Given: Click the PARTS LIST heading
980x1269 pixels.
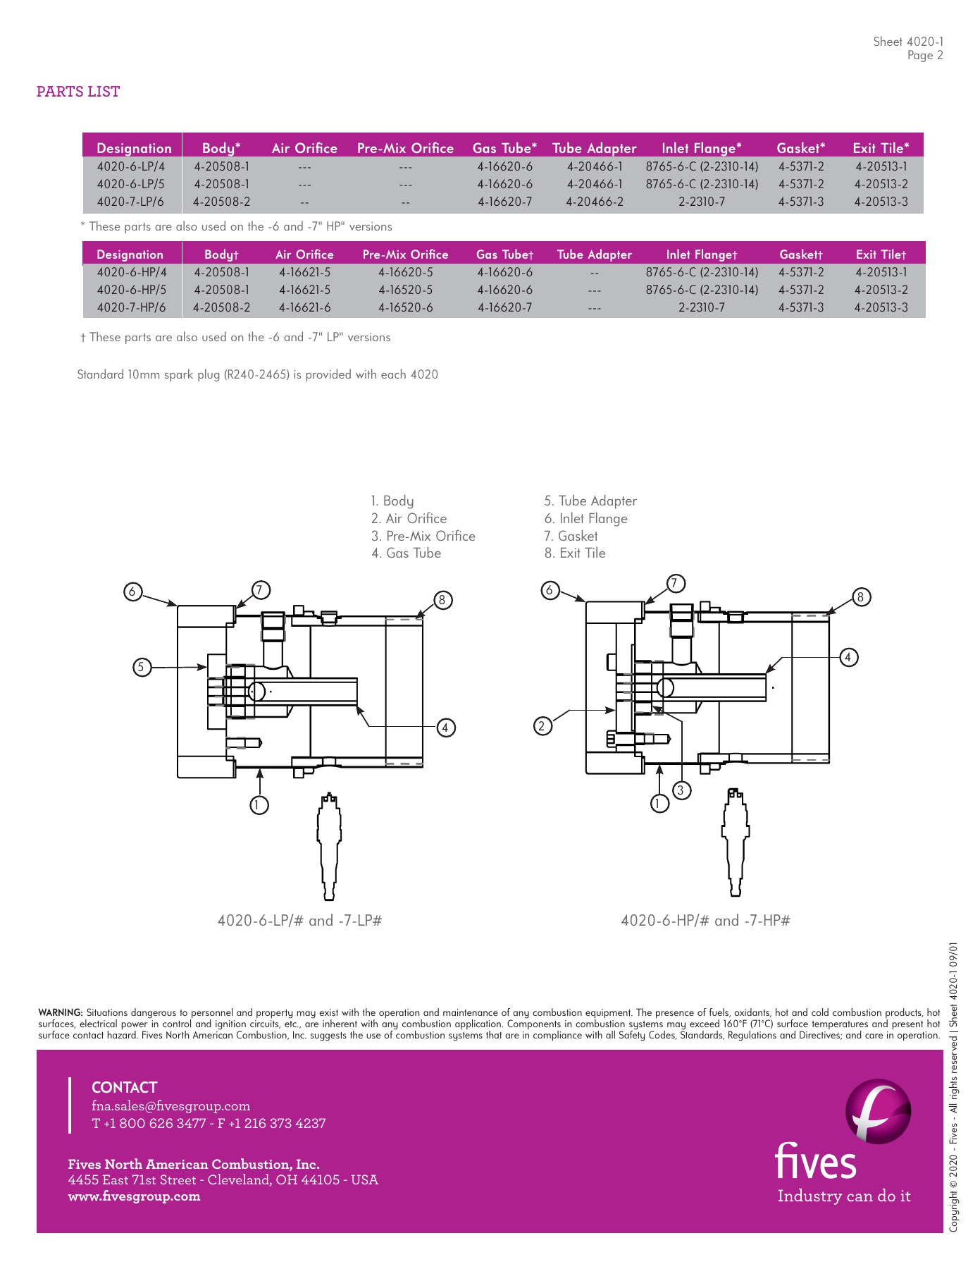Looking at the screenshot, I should [78, 92].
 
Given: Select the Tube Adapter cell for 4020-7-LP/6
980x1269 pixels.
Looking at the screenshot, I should [594, 202].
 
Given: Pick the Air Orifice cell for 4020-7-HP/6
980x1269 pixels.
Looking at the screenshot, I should [304, 307].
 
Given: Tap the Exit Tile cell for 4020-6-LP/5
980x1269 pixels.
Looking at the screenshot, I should [881, 184].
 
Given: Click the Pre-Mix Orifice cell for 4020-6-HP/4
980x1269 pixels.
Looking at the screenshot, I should [405, 272].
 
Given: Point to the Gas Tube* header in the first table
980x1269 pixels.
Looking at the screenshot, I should [504, 148].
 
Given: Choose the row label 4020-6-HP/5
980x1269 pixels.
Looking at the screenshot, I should [131, 290].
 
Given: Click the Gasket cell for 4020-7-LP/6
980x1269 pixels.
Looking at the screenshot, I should [800, 202].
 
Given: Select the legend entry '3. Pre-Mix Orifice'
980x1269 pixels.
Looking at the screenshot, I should [423, 536].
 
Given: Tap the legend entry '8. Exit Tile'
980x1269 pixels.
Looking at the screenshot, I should [574, 553].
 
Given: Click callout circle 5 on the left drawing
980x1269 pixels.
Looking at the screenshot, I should [142, 666].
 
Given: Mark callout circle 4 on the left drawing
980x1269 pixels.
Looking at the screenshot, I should [446, 728].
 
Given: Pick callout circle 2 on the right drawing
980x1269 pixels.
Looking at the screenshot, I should [542, 725].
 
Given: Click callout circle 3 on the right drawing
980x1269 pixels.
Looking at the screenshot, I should [680, 790].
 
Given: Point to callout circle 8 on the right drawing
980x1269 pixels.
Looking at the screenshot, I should [860, 597].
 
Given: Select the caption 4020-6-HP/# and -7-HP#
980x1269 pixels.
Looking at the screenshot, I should [705, 921].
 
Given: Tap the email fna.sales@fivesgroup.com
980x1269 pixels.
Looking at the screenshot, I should [170, 1106].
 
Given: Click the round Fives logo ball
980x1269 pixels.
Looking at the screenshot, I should [878, 1111].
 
